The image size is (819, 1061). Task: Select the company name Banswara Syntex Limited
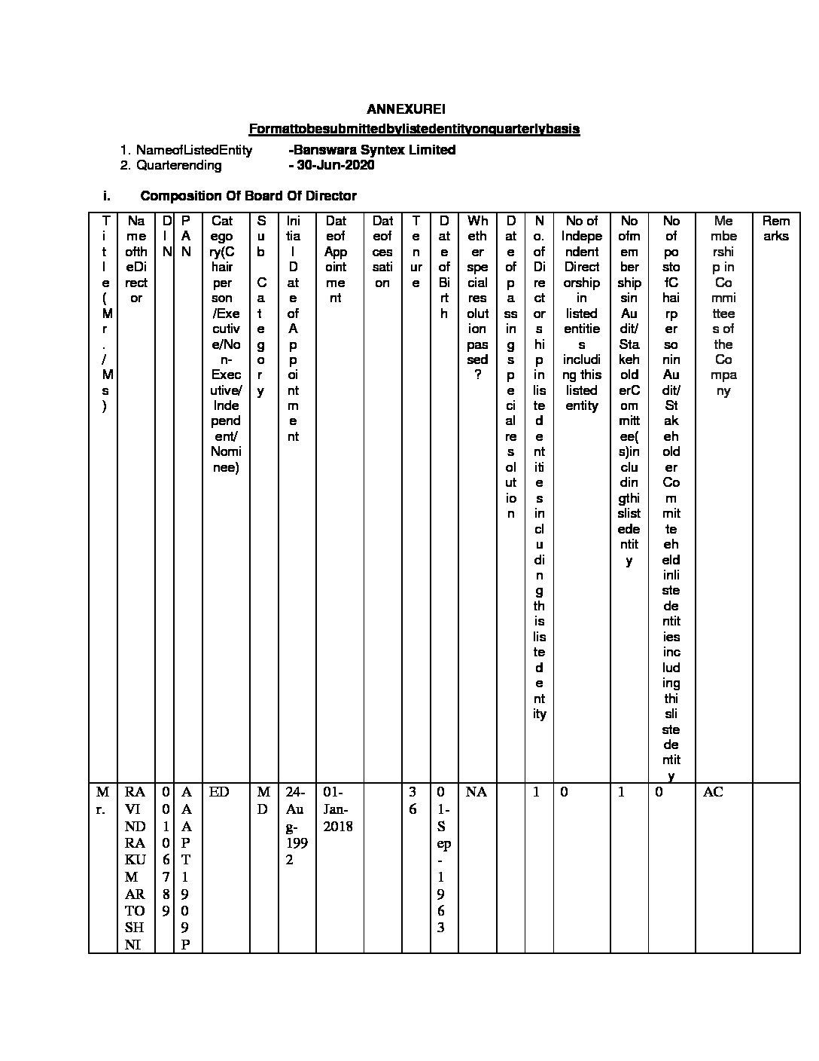pos(373,150)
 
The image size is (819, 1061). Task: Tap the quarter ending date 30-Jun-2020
pos(332,165)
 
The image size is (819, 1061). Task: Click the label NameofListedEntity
pos(193,150)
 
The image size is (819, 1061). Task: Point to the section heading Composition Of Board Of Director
pos(248,196)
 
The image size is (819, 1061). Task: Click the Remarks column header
pos(775,228)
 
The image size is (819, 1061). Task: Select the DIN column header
pos(166,236)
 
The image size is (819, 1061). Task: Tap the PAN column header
pos(186,236)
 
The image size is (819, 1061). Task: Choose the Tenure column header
pos(415,252)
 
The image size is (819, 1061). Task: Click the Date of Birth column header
pos(444,267)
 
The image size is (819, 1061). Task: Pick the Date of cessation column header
pos(382,252)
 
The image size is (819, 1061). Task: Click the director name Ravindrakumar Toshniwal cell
pos(135,867)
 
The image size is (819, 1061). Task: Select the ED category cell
pos(219,793)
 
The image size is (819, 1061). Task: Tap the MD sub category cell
pos(263,800)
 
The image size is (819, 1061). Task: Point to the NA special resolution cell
pos(476,793)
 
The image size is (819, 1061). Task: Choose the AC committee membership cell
pos(713,793)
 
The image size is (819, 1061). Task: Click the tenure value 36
pos(413,800)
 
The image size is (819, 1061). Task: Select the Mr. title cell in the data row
pos(103,800)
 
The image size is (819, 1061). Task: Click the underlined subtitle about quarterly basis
pos(414,129)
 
